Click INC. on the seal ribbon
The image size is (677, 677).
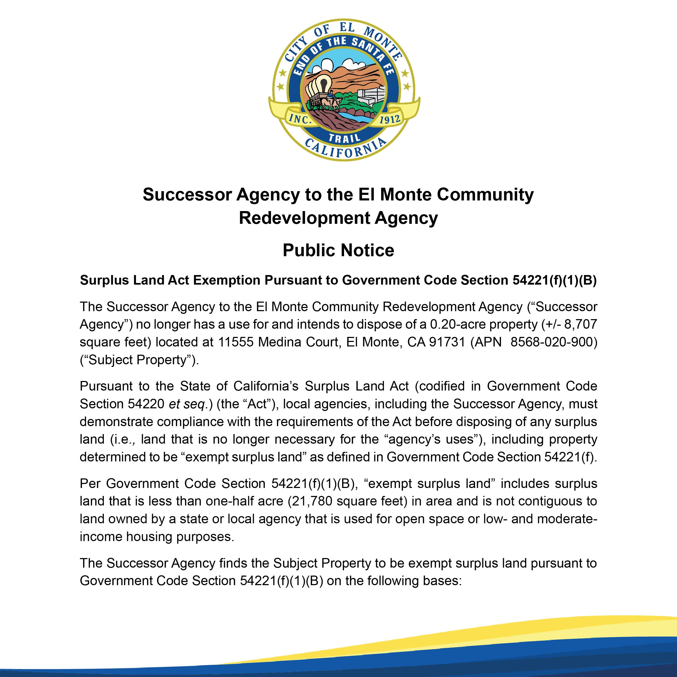[x=300, y=119]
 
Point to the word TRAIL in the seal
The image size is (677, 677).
[x=344, y=138]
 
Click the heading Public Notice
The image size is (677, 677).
[x=338, y=250]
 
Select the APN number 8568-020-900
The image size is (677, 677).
[x=554, y=342]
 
